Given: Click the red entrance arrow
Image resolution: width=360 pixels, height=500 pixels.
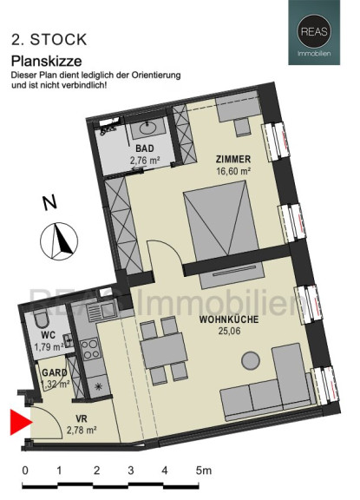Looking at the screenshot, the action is click(x=21, y=423).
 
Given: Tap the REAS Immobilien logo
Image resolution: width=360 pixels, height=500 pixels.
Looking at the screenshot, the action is click(x=314, y=32).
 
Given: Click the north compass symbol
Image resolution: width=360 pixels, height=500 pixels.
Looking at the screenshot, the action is click(x=59, y=240).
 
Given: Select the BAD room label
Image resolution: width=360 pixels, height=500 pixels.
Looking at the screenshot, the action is click(x=145, y=148).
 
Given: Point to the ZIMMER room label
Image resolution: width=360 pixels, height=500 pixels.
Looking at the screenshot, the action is click(x=233, y=159).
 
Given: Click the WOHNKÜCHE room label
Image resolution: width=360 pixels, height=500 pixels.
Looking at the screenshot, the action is click(x=229, y=319).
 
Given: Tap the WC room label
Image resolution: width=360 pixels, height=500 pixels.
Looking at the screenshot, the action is click(x=48, y=335).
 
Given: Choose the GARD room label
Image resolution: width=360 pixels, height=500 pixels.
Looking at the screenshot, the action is click(x=55, y=372).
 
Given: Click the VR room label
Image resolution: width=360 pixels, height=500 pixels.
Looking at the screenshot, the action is click(x=82, y=418).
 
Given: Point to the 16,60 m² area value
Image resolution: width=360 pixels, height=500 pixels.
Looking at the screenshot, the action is click(x=233, y=171).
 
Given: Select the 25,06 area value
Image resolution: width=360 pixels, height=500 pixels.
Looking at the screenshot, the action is click(x=229, y=331).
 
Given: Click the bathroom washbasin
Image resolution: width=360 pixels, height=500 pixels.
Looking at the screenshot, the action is click(x=148, y=128).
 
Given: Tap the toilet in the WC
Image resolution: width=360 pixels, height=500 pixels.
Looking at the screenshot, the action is click(x=42, y=319).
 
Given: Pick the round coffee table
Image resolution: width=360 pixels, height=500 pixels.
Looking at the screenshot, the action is click(x=251, y=360).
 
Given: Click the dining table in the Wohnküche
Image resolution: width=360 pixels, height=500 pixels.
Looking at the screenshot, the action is click(x=164, y=351).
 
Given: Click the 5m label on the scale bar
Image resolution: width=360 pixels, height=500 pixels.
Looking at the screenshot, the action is click(x=203, y=470).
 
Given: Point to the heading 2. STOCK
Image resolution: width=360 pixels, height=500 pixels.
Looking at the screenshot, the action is click(x=49, y=40).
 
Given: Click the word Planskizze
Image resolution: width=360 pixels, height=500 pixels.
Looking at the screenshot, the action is click(x=47, y=61).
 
